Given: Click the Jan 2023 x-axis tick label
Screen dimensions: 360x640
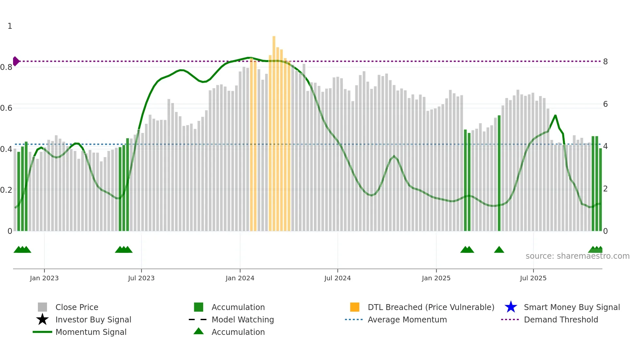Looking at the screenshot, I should [x=44, y=278].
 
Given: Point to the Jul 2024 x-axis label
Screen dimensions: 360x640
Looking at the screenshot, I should [x=337, y=278].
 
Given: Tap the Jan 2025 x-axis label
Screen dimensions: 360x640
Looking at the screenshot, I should [x=436, y=278].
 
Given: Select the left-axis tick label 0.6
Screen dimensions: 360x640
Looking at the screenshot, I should [x=6, y=108].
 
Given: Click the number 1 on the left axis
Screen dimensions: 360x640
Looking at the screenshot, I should [x=10, y=26].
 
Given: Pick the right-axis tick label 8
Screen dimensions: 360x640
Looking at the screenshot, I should [x=605, y=62].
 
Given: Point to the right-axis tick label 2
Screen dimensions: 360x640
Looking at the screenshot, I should [x=605, y=189].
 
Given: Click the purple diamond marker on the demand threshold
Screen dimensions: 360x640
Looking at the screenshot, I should [x=16, y=61].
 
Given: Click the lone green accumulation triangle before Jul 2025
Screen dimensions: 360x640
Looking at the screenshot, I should [x=499, y=250].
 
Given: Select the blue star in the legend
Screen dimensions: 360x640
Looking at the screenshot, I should [x=511, y=307].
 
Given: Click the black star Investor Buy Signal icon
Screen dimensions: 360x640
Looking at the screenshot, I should [x=42, y=319].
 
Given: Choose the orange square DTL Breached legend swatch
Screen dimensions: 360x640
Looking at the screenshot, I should [x=355, y=307].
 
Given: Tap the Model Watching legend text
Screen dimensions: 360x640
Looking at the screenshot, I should [x=243, y=319].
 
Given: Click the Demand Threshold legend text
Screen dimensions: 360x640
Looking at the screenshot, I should [x=561, y=319].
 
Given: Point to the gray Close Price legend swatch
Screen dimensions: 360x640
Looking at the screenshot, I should [x=42, y=307].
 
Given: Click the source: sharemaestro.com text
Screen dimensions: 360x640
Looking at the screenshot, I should [x=577, y=256].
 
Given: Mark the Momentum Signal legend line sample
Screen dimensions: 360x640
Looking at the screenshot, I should [x=42, y=332].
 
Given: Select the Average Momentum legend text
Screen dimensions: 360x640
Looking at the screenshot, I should [x=407, y=319].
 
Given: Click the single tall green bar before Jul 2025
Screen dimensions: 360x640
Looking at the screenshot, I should [x=499, y=173].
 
